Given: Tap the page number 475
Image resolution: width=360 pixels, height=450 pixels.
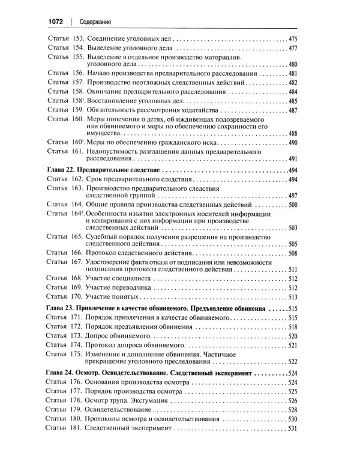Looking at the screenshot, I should [x=293, y=38].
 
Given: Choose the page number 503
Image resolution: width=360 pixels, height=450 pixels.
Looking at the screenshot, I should [x=293, y=229].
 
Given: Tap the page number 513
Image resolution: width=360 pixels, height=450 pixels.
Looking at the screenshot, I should [x=293, y=296].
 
